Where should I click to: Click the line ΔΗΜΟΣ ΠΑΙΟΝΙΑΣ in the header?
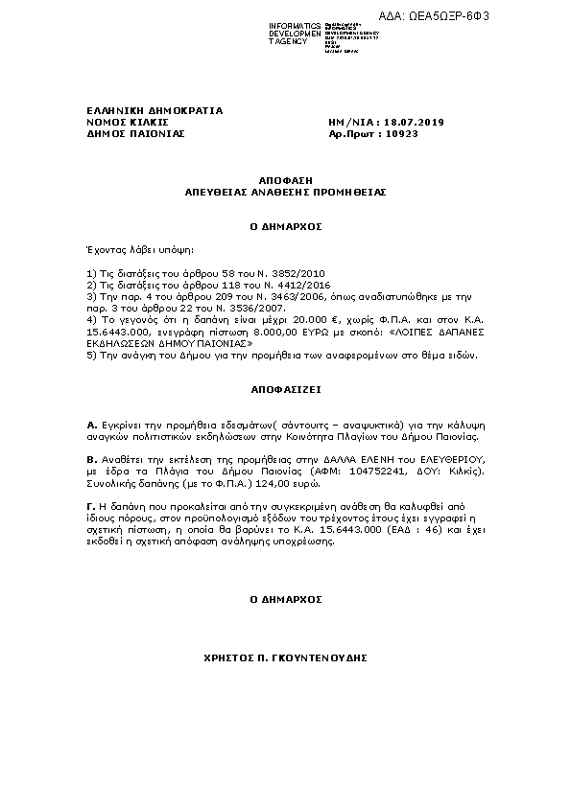coord(122,134)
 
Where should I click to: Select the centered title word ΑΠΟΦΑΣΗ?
coord(285,180)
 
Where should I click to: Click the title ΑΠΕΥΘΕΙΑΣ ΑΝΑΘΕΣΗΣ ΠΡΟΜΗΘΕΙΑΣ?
coord(285,192)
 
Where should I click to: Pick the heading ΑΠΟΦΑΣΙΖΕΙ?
coord(285,391)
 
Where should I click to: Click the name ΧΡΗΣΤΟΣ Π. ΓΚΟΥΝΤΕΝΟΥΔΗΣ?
coord(285,659)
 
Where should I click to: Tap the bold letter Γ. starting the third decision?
coord(90,503)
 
